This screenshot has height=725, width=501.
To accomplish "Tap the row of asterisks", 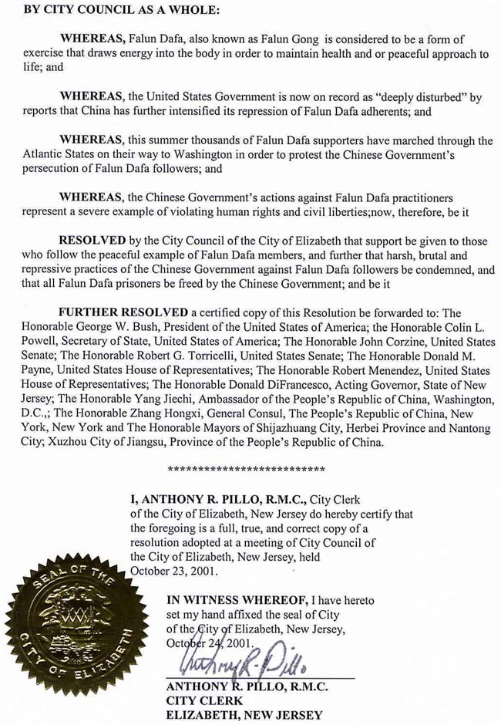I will (x=246, y=468).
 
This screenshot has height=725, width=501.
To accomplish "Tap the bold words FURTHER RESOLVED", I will (x=123, y=312).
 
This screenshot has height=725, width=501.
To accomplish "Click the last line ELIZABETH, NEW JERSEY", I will (x=244, y=714).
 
